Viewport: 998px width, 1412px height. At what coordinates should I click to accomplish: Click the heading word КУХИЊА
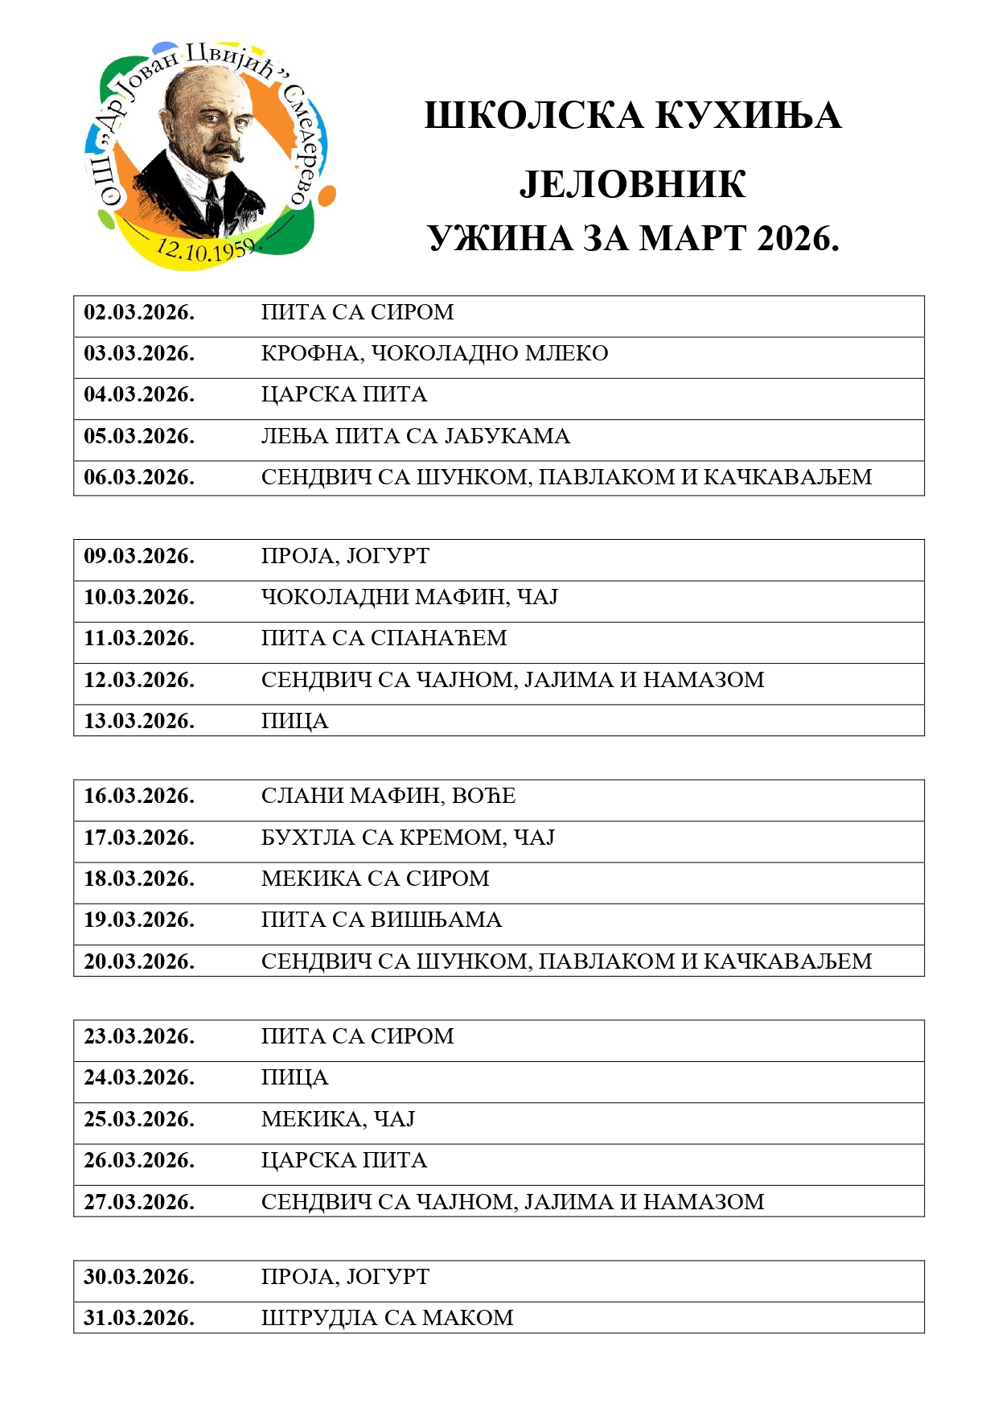click(748, 116)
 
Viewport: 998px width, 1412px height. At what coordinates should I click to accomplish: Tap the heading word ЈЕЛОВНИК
click(632, 184)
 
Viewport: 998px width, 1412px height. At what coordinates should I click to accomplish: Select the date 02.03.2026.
click(139, 312)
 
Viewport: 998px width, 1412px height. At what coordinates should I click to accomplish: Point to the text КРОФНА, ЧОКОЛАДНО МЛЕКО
click(434, 353)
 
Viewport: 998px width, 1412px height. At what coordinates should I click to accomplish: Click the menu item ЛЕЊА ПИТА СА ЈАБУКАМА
click(415, 436)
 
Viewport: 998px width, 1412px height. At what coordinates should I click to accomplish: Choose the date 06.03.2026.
click(139, 477)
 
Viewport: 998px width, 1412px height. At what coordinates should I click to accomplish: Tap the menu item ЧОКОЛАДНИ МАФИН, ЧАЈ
click(409, 597)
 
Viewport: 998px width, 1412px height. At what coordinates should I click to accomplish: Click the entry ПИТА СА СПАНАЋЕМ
click(384, 638)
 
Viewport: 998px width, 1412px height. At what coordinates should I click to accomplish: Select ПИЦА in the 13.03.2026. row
click(294, 721)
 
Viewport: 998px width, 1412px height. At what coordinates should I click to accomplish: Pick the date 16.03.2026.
click(139, 796)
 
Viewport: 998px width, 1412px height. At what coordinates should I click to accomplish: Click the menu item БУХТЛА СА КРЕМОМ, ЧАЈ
click(408, 838)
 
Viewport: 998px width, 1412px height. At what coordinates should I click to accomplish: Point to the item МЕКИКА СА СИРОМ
click(375, 879)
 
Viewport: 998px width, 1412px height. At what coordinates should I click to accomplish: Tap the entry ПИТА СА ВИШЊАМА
click(381, 920)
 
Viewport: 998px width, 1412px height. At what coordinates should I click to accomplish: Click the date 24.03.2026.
click(139, 1077)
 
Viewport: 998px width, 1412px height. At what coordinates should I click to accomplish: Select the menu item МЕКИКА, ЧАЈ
click(338, 1119)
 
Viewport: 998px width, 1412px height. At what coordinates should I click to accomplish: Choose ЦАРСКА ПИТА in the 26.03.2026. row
click(344, 1160)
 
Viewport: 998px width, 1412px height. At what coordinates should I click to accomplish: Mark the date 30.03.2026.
click(139, 1277)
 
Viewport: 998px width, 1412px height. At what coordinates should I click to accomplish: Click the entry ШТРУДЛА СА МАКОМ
click(387, 1318)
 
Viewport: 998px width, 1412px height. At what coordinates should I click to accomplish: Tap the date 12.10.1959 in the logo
click(204, 249)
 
